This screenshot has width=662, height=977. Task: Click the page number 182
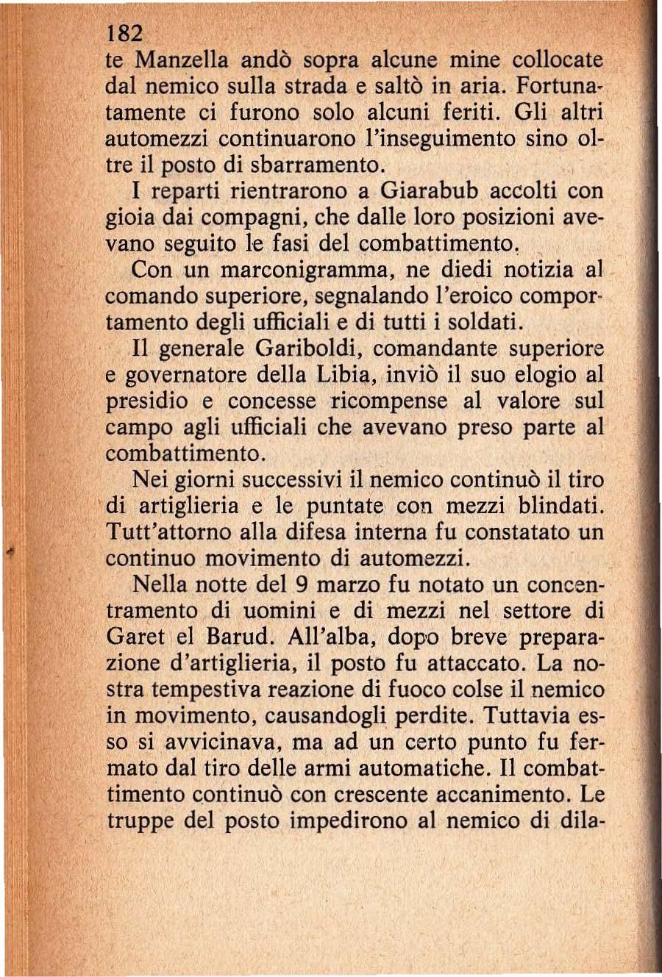coord(122,34)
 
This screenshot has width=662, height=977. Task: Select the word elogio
coord(535,375)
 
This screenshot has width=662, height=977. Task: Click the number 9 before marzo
coord(300,585)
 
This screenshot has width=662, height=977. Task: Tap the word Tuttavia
coord(525,716)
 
